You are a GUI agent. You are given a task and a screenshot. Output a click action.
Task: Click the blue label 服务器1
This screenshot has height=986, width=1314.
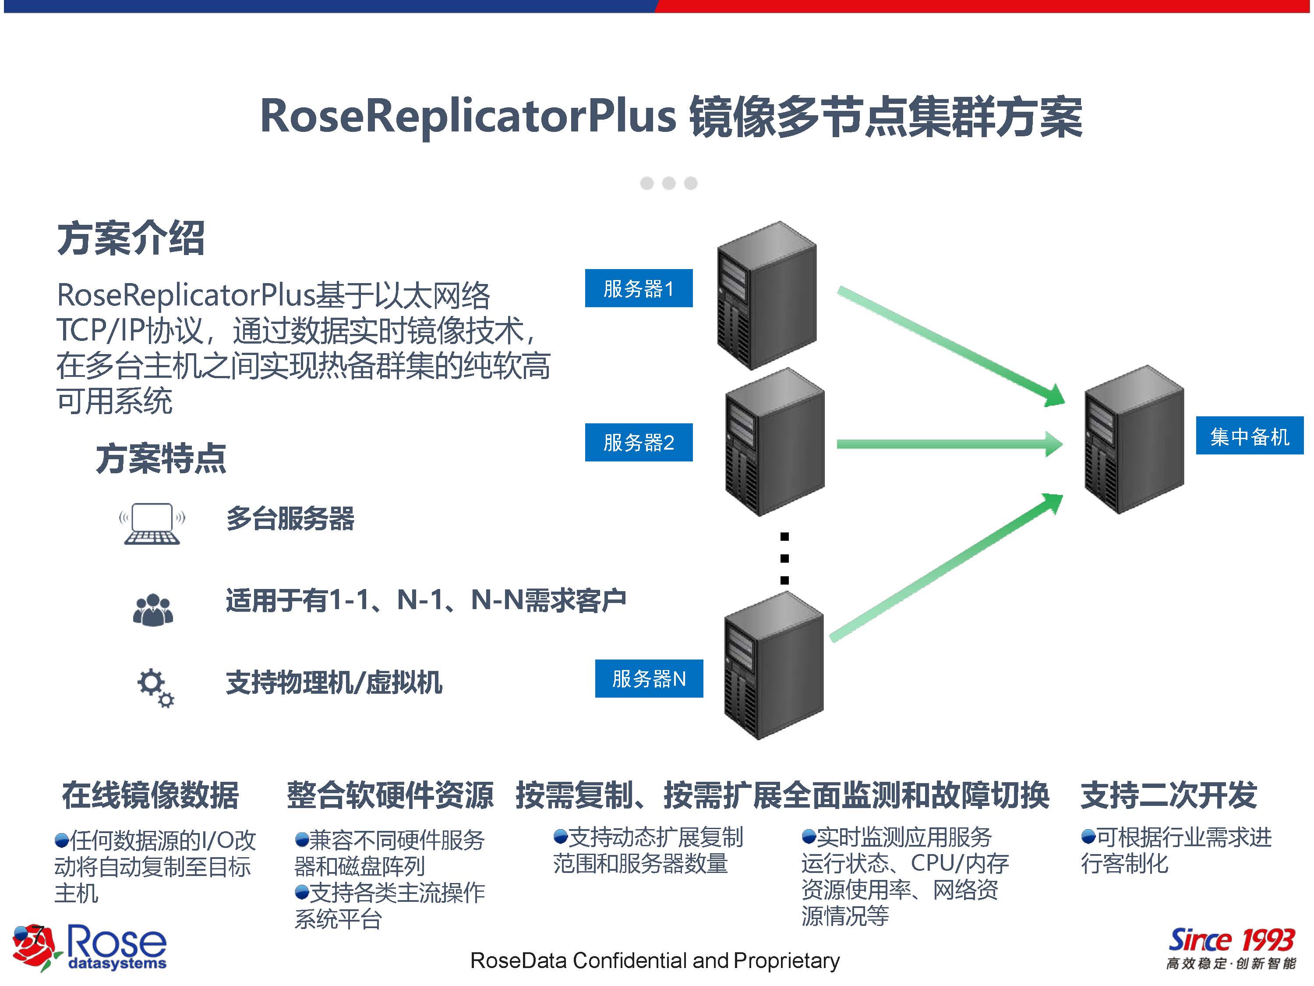pos(639,288)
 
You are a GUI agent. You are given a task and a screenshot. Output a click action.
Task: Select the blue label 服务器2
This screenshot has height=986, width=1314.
pos(639,442)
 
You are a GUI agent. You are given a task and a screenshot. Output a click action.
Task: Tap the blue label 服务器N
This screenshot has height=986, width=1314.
pos(649,678)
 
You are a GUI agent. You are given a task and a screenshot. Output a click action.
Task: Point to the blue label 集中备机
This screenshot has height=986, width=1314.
pos(1249,436)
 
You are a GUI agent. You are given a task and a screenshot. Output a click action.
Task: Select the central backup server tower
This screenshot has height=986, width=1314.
pos(1134,440)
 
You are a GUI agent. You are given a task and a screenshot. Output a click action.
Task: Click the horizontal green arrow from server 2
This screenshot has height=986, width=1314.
pos(949,444)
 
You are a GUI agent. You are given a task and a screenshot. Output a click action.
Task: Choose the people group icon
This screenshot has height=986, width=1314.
pos(153,610)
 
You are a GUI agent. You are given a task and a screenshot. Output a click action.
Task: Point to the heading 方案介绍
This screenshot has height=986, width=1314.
pos(131,238)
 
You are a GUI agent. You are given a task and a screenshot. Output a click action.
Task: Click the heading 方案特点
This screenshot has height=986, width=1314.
pos(161,459)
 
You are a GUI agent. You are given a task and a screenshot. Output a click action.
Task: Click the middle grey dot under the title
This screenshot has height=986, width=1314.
pos(669,183)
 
